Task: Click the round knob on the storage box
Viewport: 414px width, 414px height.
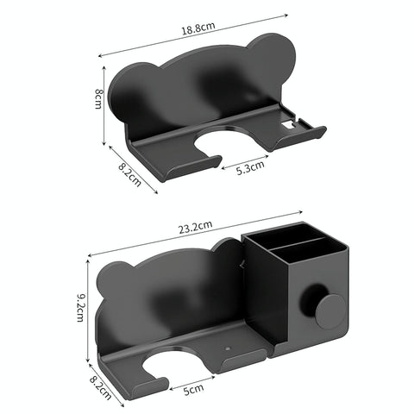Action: (x=329, y=311)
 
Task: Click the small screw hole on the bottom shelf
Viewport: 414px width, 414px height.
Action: (x=228, y=350)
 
